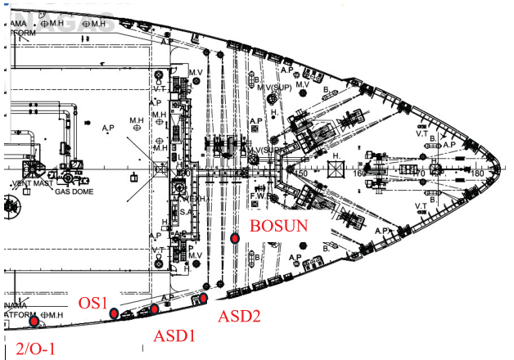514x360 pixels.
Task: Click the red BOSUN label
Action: (x=279, y=226)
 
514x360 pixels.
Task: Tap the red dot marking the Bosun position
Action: (x=235, y=238)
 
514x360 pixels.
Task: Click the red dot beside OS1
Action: (x=114, y=313)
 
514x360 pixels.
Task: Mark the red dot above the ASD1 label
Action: (x=154, y=308)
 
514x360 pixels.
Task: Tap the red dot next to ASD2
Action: (x=204, y=297)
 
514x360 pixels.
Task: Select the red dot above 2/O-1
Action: (x=34, y=321)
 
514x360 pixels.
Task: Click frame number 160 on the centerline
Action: (x=358, y=173)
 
